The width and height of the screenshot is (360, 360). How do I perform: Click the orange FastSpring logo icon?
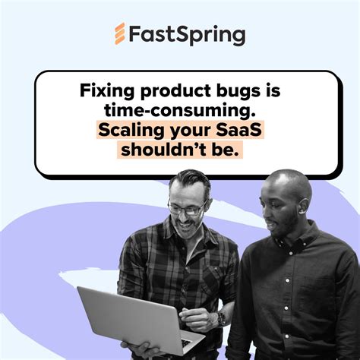tap(120, 34)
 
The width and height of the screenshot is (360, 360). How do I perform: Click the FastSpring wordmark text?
tap(186, 35)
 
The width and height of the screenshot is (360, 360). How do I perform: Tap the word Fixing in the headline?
tap(105, 92)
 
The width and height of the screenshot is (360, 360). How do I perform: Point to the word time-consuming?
tap(179, 111)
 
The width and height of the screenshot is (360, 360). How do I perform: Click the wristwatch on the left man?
tap(221, 318)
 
